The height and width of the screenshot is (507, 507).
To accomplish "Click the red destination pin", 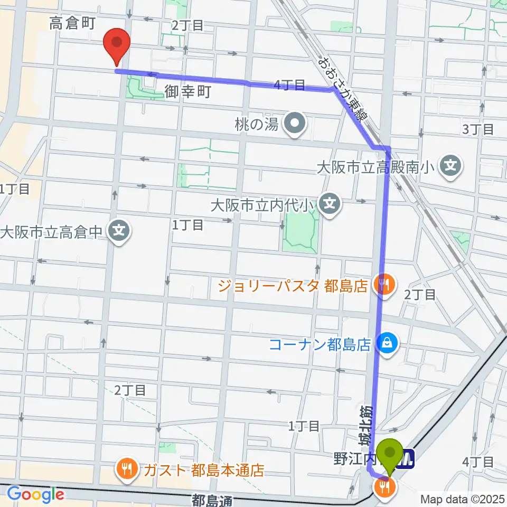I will coord(117,45).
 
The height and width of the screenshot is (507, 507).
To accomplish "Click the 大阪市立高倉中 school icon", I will coord(119,231).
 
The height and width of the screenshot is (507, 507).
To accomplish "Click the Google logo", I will coord(35,494).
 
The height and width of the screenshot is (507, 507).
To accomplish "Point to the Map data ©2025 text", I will coord(462,499).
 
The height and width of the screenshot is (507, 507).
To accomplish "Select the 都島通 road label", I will coord(211,499).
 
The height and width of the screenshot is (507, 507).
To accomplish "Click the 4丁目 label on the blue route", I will coord(289,84).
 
